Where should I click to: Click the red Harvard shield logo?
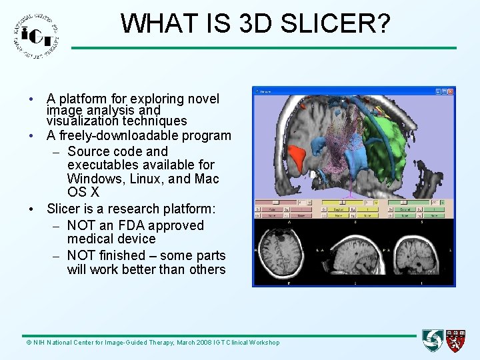point(456,341)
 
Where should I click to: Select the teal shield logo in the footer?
point(433,341)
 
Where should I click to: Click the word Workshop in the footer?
point(265,343)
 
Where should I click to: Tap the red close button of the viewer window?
point(451,91)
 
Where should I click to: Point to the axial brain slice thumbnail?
point(287,251)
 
